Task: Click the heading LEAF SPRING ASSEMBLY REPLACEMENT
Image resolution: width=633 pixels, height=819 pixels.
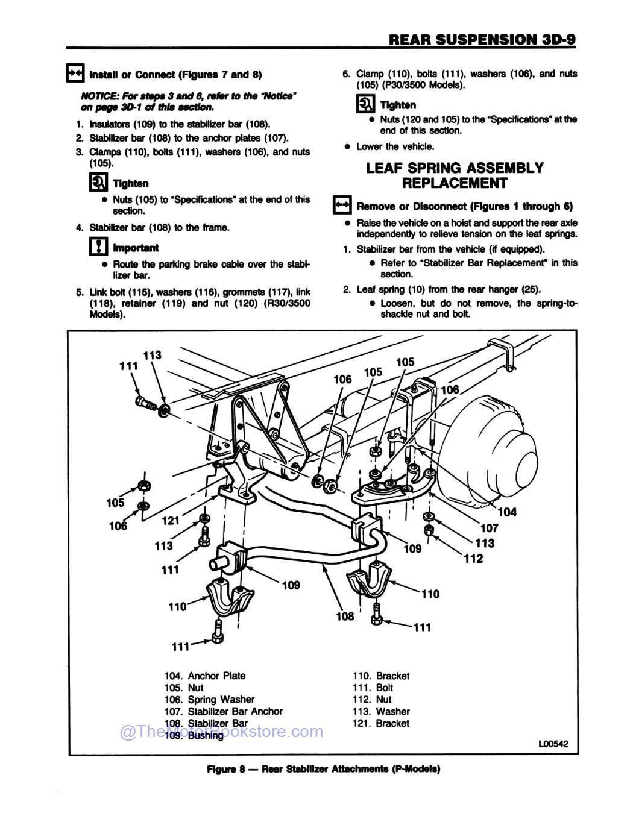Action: (455, 175)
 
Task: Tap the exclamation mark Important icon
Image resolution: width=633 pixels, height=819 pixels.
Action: (98, 247)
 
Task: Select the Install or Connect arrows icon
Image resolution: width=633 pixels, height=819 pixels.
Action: (75, 74)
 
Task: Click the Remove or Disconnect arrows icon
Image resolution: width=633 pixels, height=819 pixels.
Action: (342, 206)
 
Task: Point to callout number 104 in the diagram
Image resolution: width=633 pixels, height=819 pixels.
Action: (507, 512)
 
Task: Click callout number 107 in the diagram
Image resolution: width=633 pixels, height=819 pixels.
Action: (489, 528)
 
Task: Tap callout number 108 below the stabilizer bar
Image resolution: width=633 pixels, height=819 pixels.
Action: (345, 616)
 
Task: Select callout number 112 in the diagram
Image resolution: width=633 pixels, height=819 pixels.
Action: (473, 559)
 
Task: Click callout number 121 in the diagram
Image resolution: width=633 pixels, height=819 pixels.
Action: (171, 520)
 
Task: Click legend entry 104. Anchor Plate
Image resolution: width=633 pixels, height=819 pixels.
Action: (205, 676)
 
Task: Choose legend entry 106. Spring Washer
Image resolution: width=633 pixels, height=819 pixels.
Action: (209, 699)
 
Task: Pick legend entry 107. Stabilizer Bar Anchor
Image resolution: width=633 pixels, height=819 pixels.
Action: (223, 711)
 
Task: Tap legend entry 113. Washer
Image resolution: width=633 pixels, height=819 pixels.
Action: (380, 711)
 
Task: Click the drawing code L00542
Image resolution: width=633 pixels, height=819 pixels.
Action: (553, 744)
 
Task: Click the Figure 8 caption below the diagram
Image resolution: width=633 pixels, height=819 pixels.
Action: (323, 769)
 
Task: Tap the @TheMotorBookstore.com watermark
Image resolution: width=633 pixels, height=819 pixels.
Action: (221, 732)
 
